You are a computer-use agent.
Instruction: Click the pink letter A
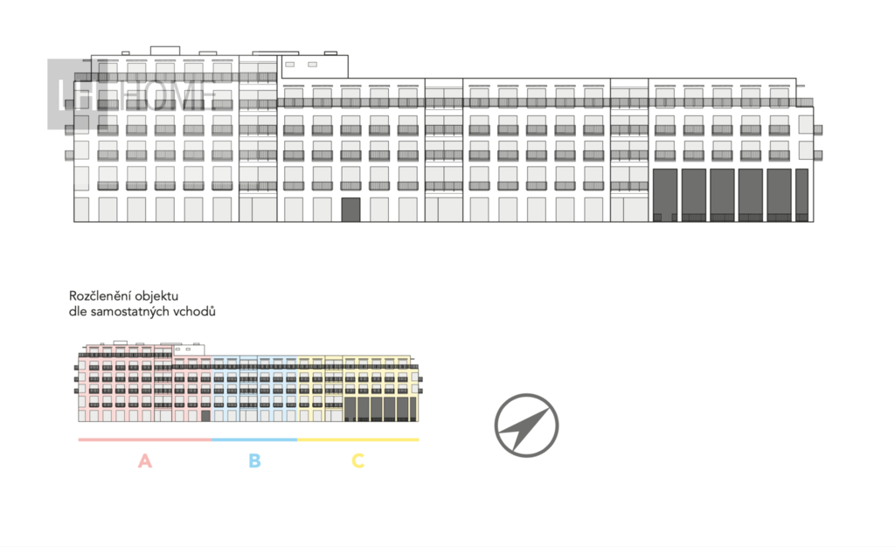(145, 460)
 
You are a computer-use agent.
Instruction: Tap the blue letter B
(254, 460)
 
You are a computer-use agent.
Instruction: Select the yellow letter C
(357, 460)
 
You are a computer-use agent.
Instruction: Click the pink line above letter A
(145, 440)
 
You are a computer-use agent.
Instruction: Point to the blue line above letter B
(254, 440)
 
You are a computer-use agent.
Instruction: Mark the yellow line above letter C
(358, 440)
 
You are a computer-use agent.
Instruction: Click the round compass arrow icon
(526, 426)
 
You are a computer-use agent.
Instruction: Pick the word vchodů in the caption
(195, 311)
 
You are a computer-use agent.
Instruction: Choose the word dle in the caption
(78, 311)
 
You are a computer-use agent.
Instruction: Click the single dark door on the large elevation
(350, 210)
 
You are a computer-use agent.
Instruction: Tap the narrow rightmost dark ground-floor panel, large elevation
(801, 195)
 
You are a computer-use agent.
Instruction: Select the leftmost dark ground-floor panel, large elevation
(664, 195)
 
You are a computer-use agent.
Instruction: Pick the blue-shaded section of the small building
(254, 389)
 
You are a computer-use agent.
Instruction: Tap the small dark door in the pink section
(205, 416)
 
